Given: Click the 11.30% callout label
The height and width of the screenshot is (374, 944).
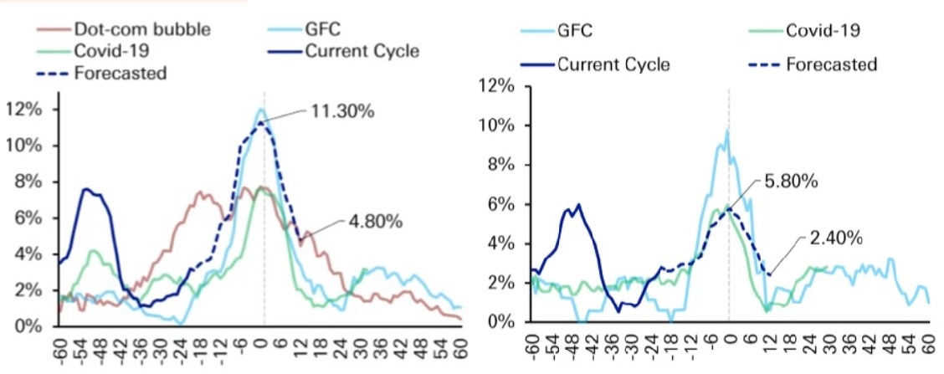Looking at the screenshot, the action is coord(342,112).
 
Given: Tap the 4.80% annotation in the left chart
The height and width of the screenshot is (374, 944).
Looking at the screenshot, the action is coord(374,222).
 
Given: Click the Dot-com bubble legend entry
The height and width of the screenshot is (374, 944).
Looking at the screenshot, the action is coord(123,29).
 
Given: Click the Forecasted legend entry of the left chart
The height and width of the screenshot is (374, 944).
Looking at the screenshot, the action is coord(102,73).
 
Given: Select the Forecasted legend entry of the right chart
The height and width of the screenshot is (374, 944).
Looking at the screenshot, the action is coord(812,64).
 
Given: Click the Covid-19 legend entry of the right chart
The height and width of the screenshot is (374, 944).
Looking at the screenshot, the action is coord(803,30).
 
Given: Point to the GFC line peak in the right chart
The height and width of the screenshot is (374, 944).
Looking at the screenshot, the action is coord(728,130).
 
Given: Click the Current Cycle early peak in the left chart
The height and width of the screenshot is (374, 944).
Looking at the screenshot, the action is coord(86,189).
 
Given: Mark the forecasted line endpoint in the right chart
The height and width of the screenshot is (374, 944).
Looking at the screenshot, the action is coord(769,274).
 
